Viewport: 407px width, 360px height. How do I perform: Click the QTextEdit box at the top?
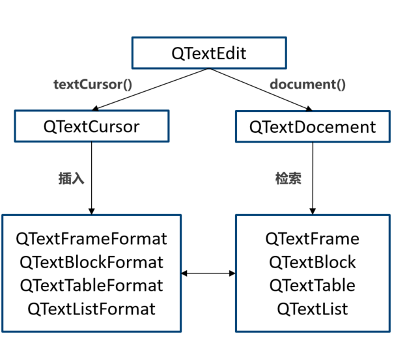pos(209,53)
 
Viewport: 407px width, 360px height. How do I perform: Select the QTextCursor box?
pos(91,126)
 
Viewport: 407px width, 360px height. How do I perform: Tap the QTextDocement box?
pos(313,126)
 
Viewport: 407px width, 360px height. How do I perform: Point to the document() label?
pos(307,84)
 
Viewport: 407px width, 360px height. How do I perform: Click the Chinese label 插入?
pos(71,178)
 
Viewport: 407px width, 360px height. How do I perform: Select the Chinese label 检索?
pos(288,178)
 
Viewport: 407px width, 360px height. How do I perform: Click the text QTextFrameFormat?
pos(91,239)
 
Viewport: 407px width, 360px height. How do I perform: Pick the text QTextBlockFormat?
pos(91,262)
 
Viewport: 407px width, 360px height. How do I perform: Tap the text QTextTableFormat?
pos(91,285)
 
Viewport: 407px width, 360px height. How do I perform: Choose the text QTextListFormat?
pos(91,309)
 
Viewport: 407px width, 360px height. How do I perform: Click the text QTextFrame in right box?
pos(313,239)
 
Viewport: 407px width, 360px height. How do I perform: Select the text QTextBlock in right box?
pos(313,262)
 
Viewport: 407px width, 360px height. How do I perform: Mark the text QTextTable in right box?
pos(313,285)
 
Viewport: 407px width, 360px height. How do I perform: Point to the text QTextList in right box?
pos(313,309)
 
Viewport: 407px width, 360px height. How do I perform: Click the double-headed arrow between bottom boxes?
pos(208,273)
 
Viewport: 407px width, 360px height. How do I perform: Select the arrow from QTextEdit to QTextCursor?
pos(150,89)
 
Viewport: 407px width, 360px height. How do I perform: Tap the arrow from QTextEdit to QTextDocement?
pos(260,89)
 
